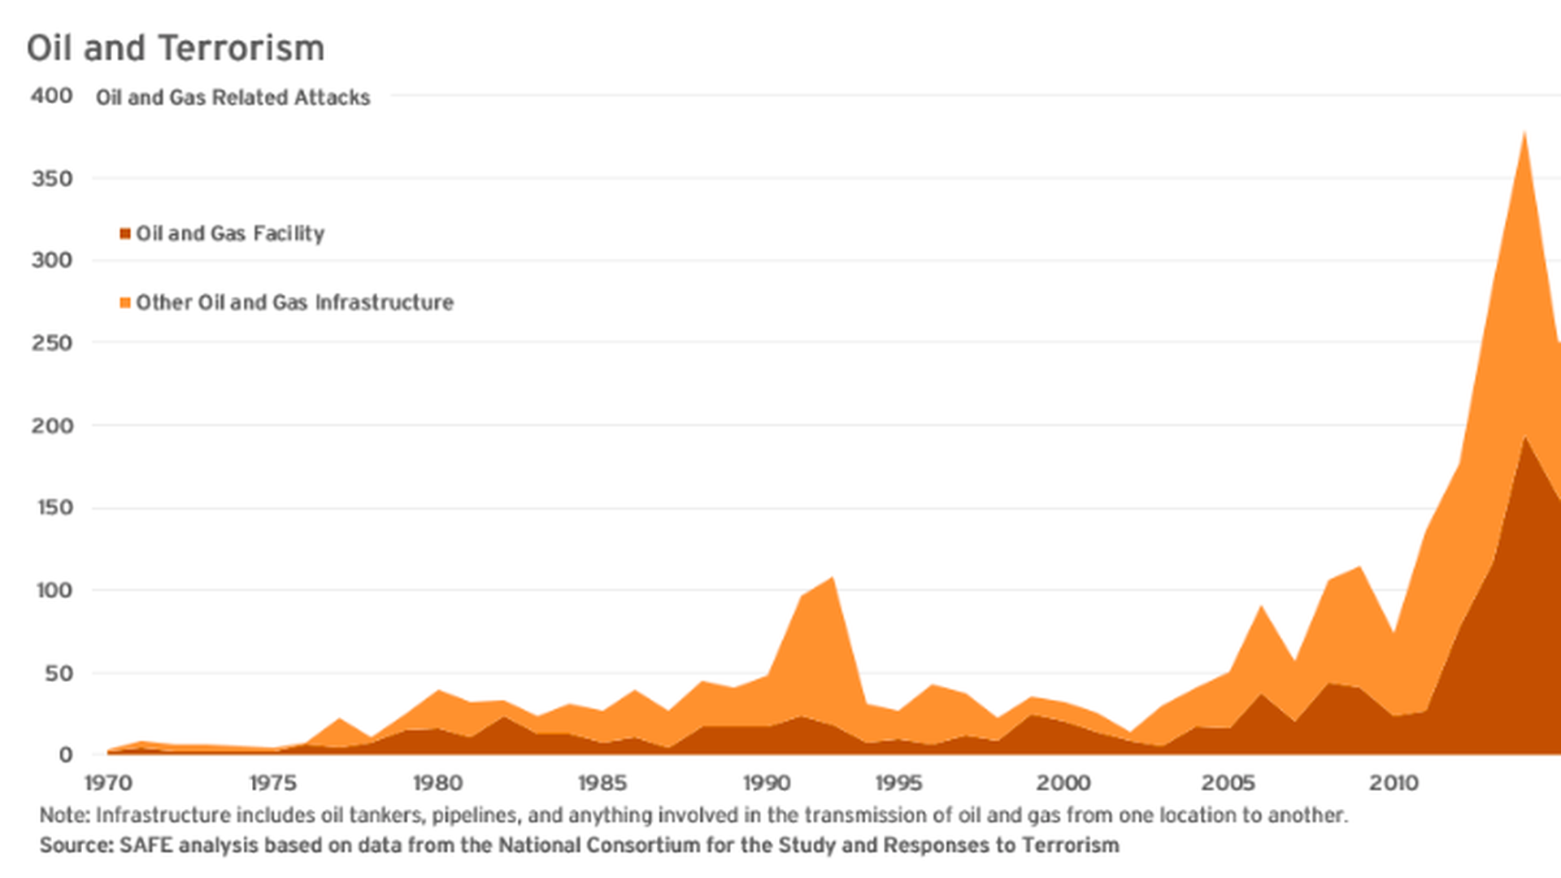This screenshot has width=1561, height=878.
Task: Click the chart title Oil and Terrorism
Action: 176,48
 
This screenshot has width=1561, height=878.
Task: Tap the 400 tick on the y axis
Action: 52,96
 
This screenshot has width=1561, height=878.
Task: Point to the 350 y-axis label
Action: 52,178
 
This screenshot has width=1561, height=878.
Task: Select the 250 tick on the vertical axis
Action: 52,342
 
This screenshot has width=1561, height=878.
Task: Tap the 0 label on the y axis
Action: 66,754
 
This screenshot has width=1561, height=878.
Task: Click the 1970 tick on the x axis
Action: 108,783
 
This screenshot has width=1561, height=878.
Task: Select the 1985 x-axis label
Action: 602,783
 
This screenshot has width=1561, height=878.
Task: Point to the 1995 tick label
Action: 898,783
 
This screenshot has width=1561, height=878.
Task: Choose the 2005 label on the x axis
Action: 1228,783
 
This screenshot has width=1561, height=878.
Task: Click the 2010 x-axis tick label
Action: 1394,783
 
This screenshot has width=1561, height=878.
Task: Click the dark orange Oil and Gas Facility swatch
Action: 125,234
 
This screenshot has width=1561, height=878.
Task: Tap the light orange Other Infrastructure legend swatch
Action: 125,303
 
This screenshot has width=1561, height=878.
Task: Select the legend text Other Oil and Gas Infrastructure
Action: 294,302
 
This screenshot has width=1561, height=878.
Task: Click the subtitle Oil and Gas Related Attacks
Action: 233,98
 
